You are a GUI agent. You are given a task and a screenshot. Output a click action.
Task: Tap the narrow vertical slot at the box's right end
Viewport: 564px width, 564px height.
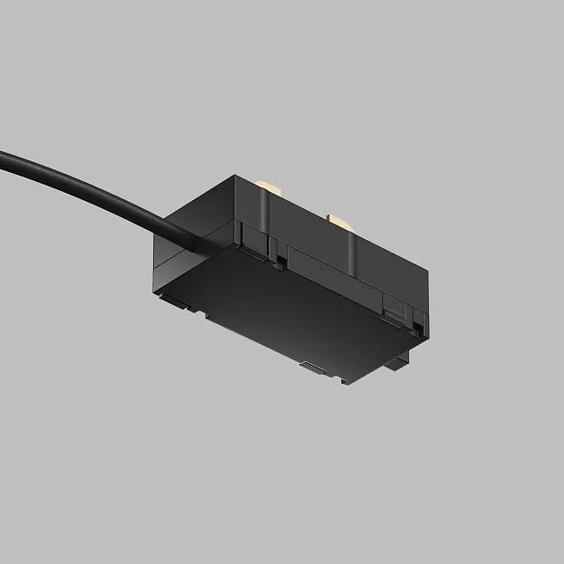(419, 322)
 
